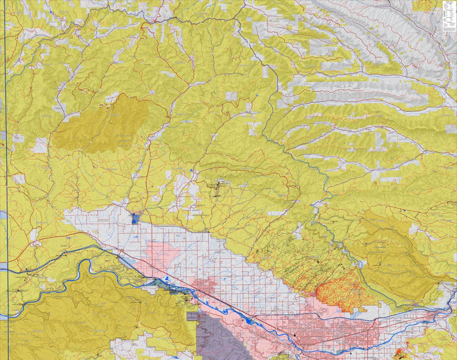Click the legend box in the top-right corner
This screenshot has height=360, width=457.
click(449, 15)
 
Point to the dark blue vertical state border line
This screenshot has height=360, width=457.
click(5, 152)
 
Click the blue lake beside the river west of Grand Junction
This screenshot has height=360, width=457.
click(249, 321)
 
